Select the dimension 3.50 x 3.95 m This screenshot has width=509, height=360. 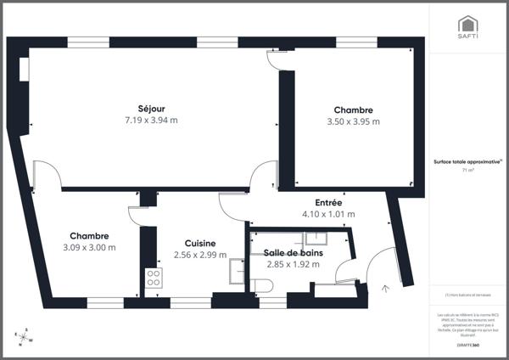353,121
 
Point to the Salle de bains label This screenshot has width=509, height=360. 293,253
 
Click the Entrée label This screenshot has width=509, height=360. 328,203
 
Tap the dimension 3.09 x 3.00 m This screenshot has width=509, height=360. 89,247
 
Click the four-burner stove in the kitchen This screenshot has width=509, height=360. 154,278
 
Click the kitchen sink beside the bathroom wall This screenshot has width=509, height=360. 237,270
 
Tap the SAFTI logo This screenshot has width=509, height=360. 467,27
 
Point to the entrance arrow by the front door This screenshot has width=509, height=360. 386,289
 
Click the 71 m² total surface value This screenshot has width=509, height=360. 467,170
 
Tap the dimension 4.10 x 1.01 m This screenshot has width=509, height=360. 328,214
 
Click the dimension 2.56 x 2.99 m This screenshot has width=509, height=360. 199,254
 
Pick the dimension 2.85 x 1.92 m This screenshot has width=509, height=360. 293,264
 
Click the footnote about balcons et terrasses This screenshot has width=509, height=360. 467,295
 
